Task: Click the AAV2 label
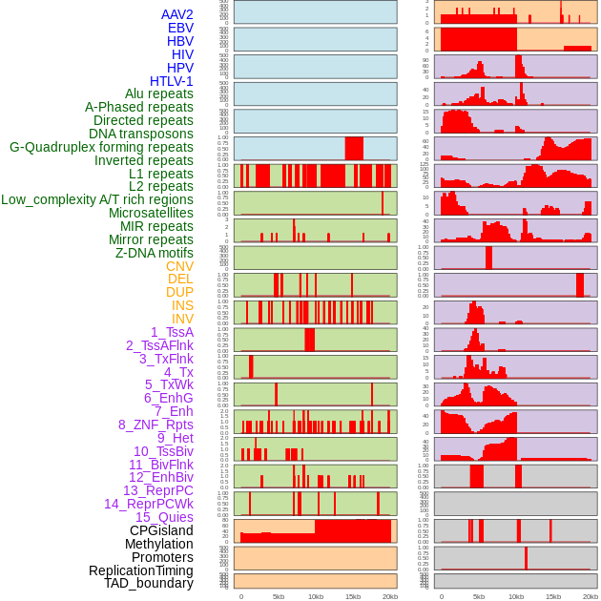[x=176, y=14]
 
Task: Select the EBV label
[x=180, y=28]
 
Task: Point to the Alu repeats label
[x=159, y=93]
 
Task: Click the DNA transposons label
[x=141, y=134]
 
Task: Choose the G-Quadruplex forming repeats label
[x=101, y=147]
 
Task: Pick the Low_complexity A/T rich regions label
[x=97, y=199]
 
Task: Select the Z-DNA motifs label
[x=154, y=253]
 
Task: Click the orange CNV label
[x=179, y=266]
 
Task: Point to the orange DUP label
[x=179, y=292]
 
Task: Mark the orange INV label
[x=182, y=319]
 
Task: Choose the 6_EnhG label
[x=169, y=398]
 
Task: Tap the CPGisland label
[x=161, y=530]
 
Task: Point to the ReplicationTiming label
[x=140, y=570]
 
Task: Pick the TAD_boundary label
[x=149, y=583]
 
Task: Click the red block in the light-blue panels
[x=354, y=148]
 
